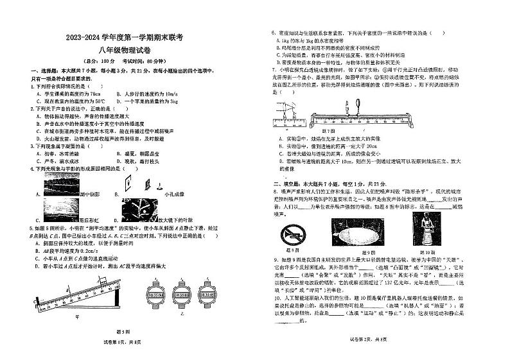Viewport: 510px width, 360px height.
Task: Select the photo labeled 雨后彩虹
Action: point(54,209)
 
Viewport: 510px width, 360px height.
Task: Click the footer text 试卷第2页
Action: point(363,355)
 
